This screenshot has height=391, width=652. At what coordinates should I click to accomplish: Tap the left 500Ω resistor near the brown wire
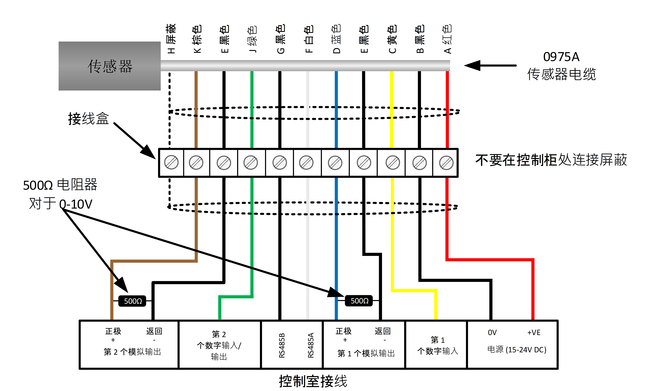pyautogui.click(x=132, y=301)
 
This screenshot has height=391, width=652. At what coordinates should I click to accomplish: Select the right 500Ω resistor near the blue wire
pyautogui.click(x=359, y=301)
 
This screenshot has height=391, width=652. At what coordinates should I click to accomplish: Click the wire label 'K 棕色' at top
pyautogui.click(x=197, y=39)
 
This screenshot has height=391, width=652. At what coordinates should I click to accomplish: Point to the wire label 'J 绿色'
pyautogui.click(x=252, y=39)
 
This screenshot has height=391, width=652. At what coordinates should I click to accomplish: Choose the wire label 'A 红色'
pyautogui.click(x=447, y=39)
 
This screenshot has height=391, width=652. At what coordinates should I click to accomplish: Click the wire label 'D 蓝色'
pyautogui.click(x=336, y=39)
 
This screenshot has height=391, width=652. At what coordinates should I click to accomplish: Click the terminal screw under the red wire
pyautogui.click(x=446, y=163)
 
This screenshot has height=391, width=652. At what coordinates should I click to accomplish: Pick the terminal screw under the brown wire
pyautogui.click(x=196, y=163)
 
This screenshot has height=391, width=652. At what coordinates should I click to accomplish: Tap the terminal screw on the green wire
pyautogui.click(x=251, y=163)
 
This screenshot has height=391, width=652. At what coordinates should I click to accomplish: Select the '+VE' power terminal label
pyautogui.click(x=534, y=333)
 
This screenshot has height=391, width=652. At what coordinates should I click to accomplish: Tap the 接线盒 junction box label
pyautogui.click(x=89, y=119)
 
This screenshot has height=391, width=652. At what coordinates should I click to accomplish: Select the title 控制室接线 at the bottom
pyautogui.click(x=313, y=381)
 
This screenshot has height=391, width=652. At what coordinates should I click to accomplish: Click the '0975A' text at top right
pyautogui.click(x=561, y=57)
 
